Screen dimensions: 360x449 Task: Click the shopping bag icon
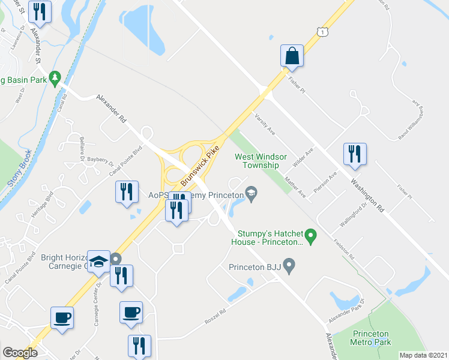click(292, 56)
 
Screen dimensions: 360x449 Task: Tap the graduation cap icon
click(99, 261)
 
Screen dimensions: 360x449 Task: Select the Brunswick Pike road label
click(198, 164)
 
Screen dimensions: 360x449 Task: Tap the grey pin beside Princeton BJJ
click(289, 265)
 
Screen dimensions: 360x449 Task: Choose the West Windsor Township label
click(257, 160)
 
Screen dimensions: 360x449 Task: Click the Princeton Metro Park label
click(371, 338)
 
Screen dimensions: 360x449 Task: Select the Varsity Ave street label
click(264, 123)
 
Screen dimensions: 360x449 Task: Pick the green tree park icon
click(55, 77)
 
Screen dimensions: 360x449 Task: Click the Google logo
click(20, 353)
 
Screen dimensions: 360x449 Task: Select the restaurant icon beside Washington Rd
click(354, 154)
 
